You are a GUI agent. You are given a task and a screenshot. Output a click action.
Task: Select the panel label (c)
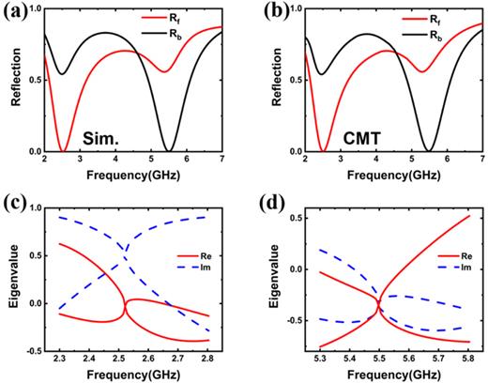[14, 206]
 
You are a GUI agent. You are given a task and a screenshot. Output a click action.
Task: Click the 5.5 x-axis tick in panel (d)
[378, 358]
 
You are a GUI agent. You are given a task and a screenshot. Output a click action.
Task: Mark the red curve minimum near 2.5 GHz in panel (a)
[62, 150]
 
